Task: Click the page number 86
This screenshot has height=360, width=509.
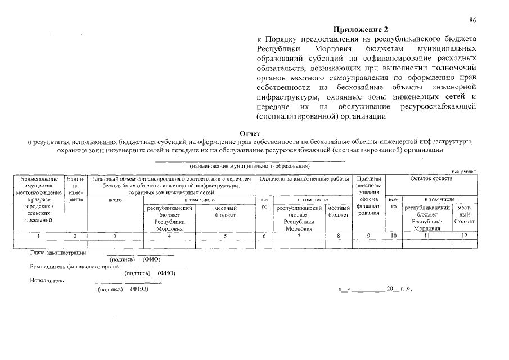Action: click(x=473, y=20)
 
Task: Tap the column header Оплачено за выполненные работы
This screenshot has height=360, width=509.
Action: click(x=304, y=178)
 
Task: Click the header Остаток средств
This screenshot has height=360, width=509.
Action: click(x=431, y=178)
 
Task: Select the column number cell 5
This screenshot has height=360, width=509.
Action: click(x=225, y=236)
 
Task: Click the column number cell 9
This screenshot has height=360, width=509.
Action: click(x=368, y=236)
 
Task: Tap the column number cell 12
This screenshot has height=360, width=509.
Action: click(x=465, y=236)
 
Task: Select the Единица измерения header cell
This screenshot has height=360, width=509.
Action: click(x=75, y=189)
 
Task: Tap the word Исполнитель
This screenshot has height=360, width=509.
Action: click(x=47, y=280)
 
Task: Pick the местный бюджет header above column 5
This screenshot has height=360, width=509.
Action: click(x=225, y=211)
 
